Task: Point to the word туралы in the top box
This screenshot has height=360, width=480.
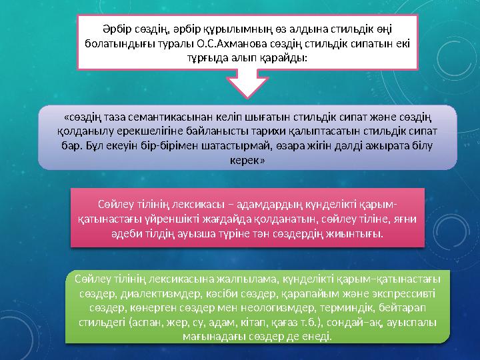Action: [x=175, y=43]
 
